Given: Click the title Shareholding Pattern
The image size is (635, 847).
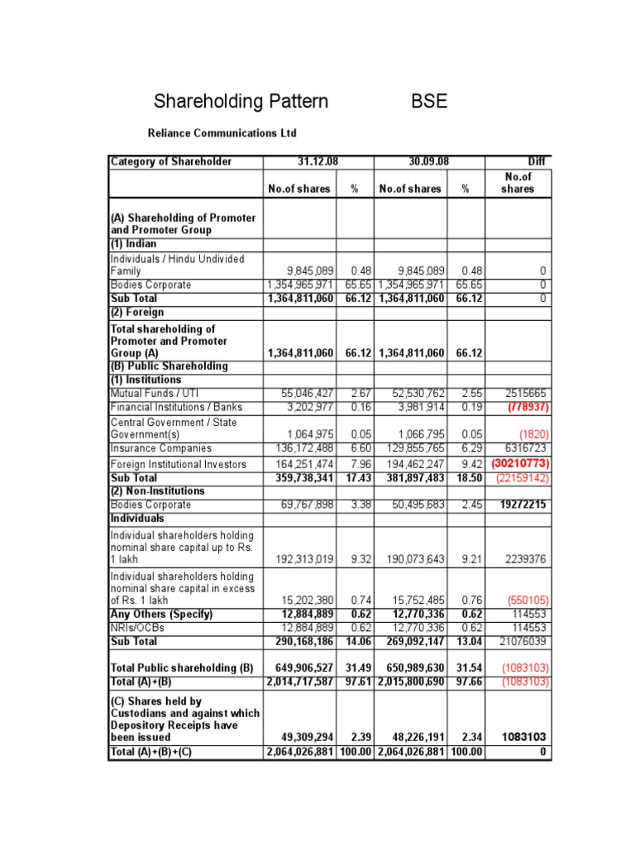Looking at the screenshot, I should [x=241, y=102].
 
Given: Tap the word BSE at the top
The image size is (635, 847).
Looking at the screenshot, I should [x=429, y=102].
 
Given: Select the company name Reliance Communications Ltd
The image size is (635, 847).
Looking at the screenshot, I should [x=222, y=133].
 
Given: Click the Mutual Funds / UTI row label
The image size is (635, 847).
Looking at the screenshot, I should [x=155, y=394].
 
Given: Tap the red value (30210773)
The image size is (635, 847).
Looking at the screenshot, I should [x=520, y=464].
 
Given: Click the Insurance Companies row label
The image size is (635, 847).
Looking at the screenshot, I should [x=161, y=448].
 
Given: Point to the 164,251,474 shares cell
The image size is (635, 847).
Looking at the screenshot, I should [x=302, y=464].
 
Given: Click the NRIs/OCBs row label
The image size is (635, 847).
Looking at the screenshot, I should [x=139, y=628].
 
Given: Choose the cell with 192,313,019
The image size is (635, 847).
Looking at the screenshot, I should [x=302, y=559].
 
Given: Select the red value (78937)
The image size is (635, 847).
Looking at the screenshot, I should [x=527, y=407].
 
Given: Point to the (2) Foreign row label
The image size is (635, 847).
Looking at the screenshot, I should [x=137, y=312].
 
